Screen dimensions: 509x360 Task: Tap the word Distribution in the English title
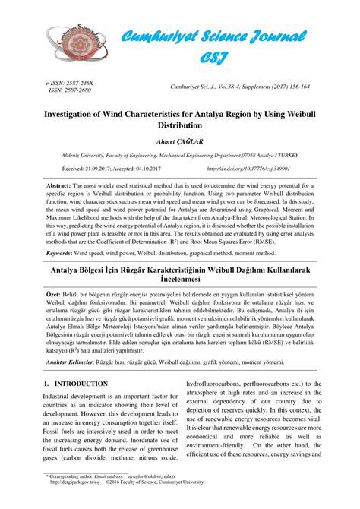click(179, 123)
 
